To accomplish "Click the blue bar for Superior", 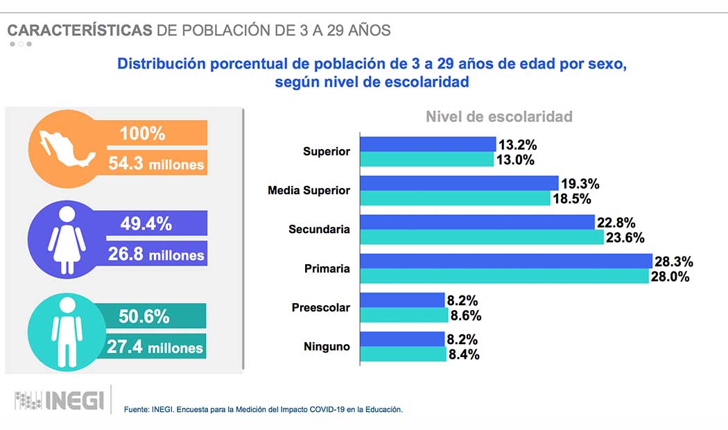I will click(x=428, y=144).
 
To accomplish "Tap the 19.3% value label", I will click(x=580, y=184).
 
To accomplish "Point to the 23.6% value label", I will click(x=626, y=238).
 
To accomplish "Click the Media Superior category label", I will click(x=309, y=190).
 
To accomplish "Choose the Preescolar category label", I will click(x=320, y=307).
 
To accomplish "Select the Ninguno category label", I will click(x=326, y=346).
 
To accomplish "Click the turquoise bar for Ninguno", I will click(x=404, y=354).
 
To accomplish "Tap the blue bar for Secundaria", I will click(x=478, y=222).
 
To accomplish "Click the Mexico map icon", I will click(x=67, y=149).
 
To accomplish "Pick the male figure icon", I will click(x=67, y=332).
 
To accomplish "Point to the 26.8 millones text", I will click(x=156, y=255).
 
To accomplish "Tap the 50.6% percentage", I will click(x=144, y=317).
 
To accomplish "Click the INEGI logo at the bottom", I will click(x=60, y=400).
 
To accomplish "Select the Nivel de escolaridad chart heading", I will click(x=499, y=117).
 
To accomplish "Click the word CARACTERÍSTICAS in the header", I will click(x=80, y=30).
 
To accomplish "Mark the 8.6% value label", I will click(x=466, y=316).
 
